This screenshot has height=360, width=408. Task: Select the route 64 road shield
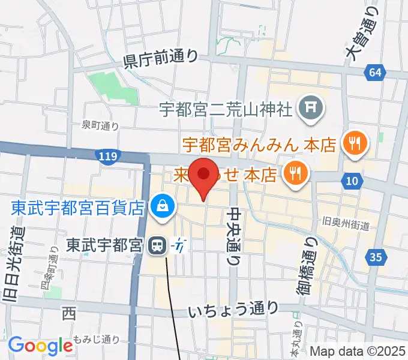pos(375,73)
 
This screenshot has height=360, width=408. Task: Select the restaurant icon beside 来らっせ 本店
pos(295,173)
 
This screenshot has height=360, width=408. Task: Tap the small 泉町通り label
pos(100,125)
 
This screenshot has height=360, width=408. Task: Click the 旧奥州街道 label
pos(345,224)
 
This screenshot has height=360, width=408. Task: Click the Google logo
pos(40,345)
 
